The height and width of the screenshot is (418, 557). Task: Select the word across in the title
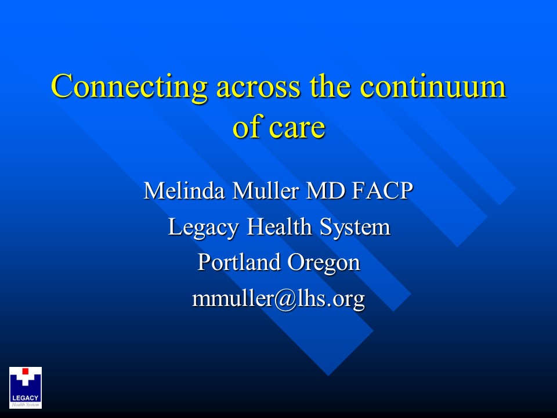point(259,87)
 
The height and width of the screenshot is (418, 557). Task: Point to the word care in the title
point(300,127)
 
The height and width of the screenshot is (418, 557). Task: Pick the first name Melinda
point(184,192)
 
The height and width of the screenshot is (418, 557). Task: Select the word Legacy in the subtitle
point(204,228)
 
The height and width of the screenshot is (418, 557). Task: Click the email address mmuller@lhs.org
point(278,298)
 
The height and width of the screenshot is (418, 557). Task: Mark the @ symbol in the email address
point(280,299)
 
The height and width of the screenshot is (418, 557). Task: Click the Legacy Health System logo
point(26,387)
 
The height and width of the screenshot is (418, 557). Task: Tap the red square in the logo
point(26,371)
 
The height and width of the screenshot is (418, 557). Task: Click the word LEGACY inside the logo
point(26,398)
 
